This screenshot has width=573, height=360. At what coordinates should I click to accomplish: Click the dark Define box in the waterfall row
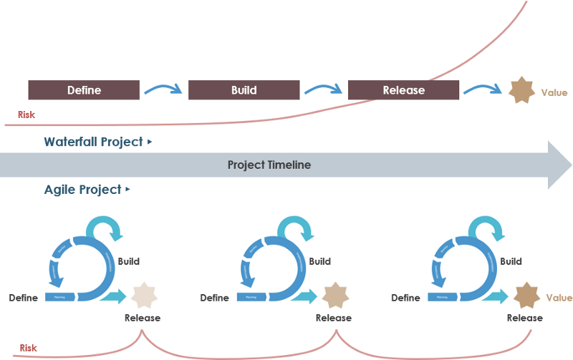[84, 90]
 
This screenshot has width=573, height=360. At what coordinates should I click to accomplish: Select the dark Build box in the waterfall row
[244, 90]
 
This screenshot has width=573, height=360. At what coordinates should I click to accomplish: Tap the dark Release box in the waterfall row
[403, 90]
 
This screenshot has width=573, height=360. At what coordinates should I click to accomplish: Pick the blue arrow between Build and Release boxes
[323, 89]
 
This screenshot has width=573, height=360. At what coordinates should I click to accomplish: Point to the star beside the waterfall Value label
[521, 91]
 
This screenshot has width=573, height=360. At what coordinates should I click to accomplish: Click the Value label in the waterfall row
[554, 92]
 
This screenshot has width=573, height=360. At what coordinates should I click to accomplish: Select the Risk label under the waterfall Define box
[27, 115]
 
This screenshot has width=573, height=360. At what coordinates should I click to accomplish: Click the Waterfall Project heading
[94, 142]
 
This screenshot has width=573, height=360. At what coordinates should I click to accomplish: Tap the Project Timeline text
[269, 165]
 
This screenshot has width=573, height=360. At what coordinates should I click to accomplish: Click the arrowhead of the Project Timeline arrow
[559, 165]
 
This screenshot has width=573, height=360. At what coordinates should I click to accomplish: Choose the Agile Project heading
[83, 190]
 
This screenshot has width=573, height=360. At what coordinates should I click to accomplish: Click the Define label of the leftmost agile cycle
[23, 298]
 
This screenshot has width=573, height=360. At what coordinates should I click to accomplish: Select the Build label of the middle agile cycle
[319, 261]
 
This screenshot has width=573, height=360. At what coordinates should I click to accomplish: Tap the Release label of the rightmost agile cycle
[524, 318]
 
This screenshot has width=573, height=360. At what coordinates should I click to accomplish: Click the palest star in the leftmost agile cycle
[144, 296]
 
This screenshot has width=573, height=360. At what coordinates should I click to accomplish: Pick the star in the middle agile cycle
[335, 296]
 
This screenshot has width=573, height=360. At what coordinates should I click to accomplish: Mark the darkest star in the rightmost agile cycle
[526, 296]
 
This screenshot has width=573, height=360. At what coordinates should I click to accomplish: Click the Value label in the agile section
[559, 298]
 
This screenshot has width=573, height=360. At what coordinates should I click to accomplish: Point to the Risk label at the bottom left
[28, 349]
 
